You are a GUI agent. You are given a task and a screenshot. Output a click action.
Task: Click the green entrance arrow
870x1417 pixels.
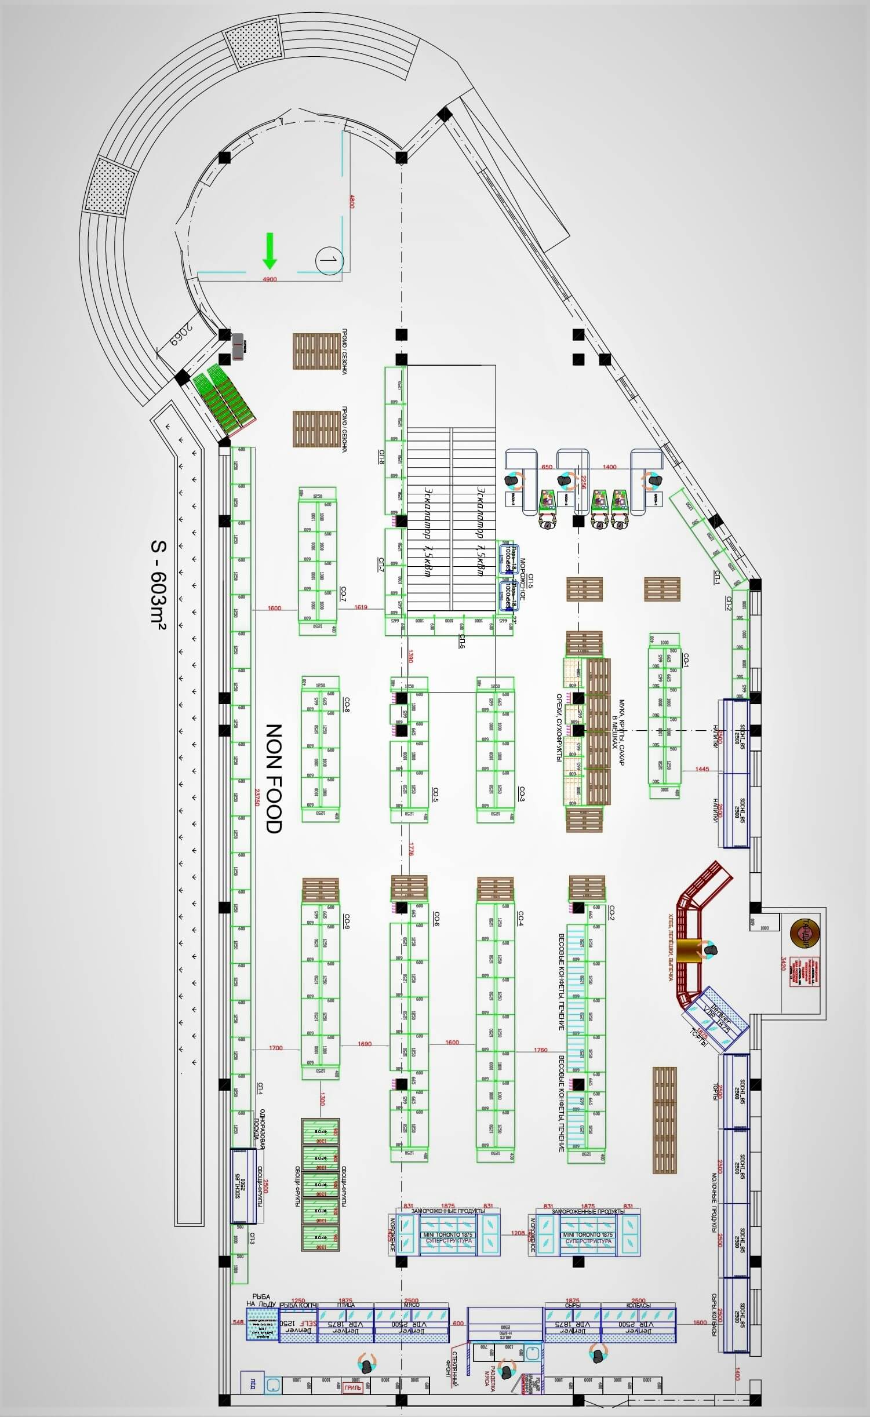pos(269,250)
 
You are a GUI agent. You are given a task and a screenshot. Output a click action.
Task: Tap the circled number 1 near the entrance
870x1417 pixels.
pos(329,260)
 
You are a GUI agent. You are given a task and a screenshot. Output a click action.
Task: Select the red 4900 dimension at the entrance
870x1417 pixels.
pos(270,279)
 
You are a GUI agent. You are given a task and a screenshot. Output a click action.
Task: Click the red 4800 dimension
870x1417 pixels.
pos(352,202)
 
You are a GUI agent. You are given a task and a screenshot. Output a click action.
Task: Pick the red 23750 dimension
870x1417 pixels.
pos(257,796)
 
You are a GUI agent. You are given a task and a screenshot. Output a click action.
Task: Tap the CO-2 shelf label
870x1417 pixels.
pos(611,912)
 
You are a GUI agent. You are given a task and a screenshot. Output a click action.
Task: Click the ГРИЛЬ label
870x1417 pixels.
pos(352,1387)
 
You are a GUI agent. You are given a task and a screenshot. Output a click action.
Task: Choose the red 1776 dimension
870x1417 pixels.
pos(411,850)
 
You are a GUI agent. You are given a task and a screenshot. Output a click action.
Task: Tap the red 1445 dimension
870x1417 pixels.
pos(702,769)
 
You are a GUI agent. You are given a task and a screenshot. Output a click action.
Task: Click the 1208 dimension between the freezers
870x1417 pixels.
pos(518,1233)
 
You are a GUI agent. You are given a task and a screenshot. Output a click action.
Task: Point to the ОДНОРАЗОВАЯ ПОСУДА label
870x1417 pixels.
pos(259,1124)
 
